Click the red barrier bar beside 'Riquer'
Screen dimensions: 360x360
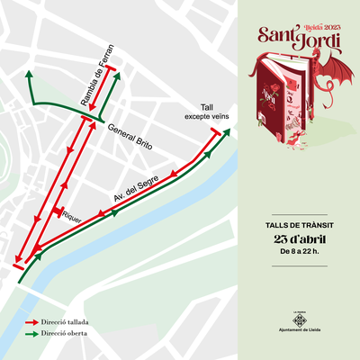57,212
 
